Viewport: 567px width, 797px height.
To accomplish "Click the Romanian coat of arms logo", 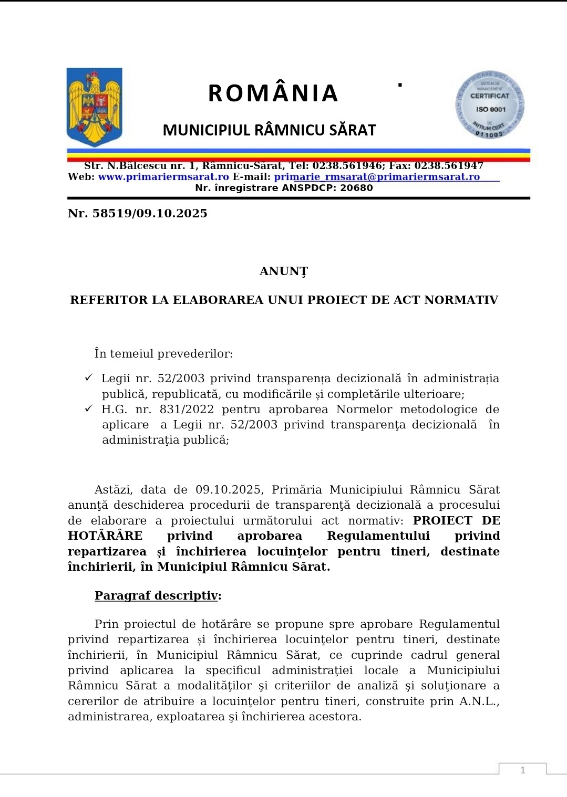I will click(x=95, y=107).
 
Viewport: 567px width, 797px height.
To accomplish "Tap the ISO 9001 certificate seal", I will click(x=490, y=105).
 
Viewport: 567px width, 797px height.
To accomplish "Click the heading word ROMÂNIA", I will click(x=273, y=93).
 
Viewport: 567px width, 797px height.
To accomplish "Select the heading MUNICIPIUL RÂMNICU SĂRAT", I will click(x=269, y=130).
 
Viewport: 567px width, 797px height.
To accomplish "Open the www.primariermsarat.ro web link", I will click(x=163, y=177).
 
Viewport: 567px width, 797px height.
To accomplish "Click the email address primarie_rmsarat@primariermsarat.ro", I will click(x=377, y=177).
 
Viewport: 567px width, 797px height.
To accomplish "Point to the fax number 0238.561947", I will click(x=449, y=166).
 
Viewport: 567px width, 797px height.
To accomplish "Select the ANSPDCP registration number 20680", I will click(x=356, y=188).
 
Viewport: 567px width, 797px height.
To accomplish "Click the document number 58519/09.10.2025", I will click(x=150, y=213).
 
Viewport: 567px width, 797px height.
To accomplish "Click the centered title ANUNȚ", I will click(x=284, y=271).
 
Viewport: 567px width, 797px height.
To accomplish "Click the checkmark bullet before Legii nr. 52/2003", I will click(x=89, y=378).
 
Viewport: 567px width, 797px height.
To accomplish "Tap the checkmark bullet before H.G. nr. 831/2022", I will click(x=89, y=408).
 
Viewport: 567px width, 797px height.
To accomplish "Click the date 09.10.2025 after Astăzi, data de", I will click(x=228, y=490).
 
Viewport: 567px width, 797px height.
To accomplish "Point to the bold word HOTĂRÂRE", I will click(x=105, y=536).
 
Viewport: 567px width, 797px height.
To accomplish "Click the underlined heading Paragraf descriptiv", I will click(x=156, y=596).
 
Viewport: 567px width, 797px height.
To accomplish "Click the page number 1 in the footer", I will click(x=522, y=770).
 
